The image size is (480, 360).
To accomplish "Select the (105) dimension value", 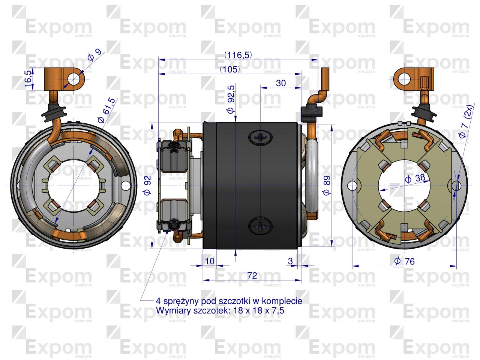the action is [x=230, y=69].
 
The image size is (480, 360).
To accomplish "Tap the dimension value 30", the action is [x=281, y=83].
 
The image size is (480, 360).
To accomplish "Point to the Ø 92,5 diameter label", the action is [x=231, y=100].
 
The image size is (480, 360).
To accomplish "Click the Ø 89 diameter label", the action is [x=327, y=185].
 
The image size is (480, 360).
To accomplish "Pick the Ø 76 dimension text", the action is [x=404, y=261].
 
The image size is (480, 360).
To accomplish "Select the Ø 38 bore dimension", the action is [x=415, y=178].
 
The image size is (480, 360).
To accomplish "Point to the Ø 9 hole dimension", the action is [x=94, y=55].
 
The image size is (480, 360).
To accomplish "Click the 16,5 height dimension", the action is [x=28, y=78].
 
